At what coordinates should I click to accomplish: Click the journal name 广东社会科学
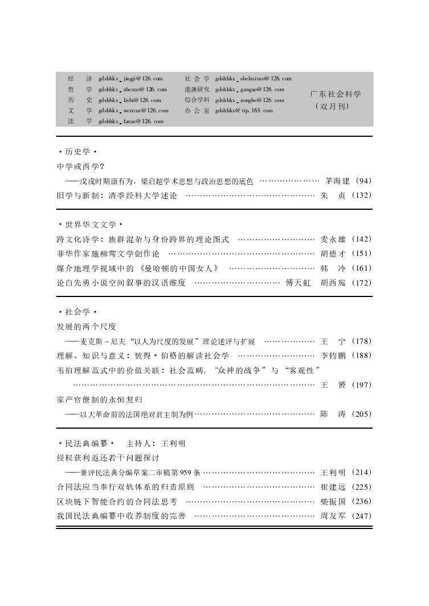[x=336, y=94]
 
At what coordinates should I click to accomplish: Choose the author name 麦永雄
[x=333, y=239]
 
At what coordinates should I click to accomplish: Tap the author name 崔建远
[x=333, y=487]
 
